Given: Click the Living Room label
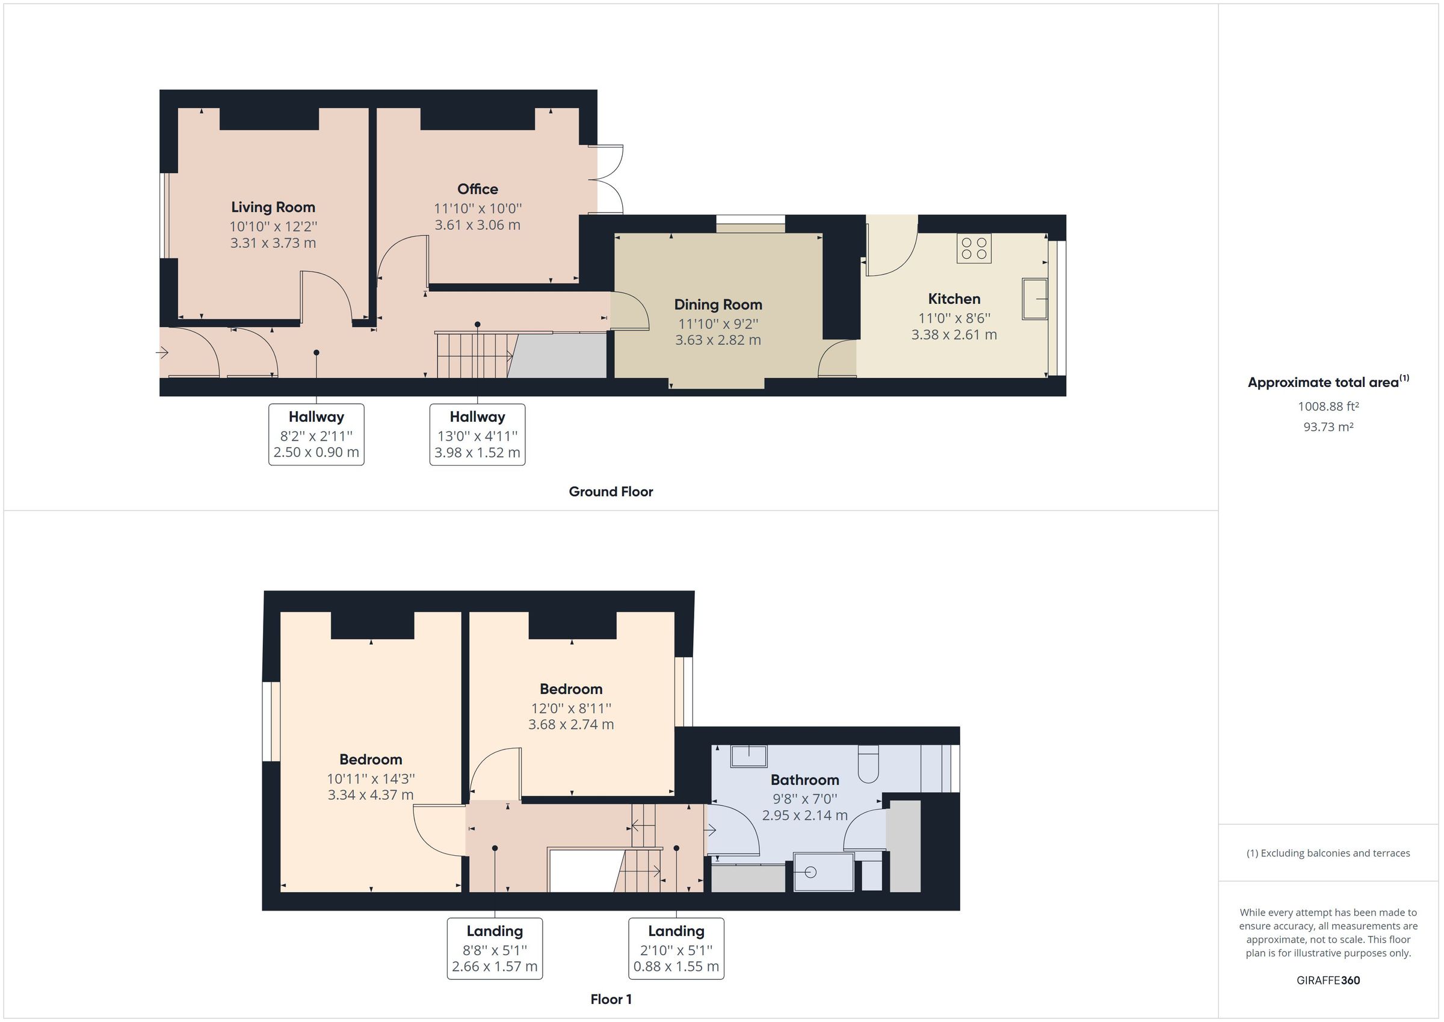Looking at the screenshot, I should point(273,207).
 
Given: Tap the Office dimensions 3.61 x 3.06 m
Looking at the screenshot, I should point(477,225).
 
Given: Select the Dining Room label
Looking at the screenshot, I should point(718,305).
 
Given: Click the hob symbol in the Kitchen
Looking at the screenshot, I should point(973,248).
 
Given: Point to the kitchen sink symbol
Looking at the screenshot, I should point(1034,299).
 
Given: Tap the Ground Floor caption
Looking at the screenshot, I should point(611,492).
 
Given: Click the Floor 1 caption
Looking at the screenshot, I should point(611,999).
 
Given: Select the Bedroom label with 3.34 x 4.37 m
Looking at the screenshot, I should point(371,760).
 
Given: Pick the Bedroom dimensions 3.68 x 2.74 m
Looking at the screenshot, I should point(570,724).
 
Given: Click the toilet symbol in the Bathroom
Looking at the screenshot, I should point(868,764).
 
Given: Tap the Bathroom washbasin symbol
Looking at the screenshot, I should point(748,756).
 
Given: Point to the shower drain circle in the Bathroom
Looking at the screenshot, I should point(810,872).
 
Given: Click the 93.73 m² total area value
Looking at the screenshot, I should point(1328,427).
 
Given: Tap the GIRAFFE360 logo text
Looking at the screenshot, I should point(1328,980).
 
